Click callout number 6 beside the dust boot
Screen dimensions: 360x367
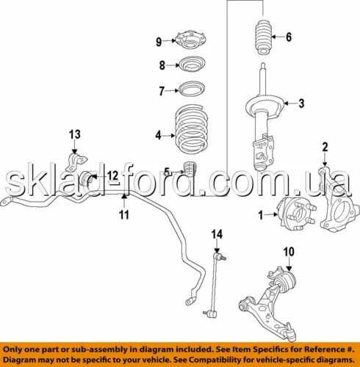click(289, 37)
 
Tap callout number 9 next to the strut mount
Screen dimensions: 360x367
click(159, 42)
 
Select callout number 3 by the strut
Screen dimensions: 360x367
click(301, 103)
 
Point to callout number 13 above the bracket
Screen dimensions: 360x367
click(75, 134)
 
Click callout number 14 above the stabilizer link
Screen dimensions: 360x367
click(217, 234)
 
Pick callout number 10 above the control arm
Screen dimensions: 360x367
click(289, 252)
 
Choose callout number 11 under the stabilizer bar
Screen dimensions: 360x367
click(124, 215)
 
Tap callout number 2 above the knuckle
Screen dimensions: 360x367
click(325, 148)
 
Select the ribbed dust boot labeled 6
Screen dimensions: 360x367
click(264, 38)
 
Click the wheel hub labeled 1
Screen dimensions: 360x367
click(295, 214)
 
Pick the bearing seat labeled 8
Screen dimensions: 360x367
click(192, 64)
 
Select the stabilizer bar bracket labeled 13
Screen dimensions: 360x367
click(76, 162)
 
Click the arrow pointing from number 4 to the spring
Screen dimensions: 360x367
click(169, 135)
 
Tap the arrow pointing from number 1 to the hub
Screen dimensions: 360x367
click(271, 214)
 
